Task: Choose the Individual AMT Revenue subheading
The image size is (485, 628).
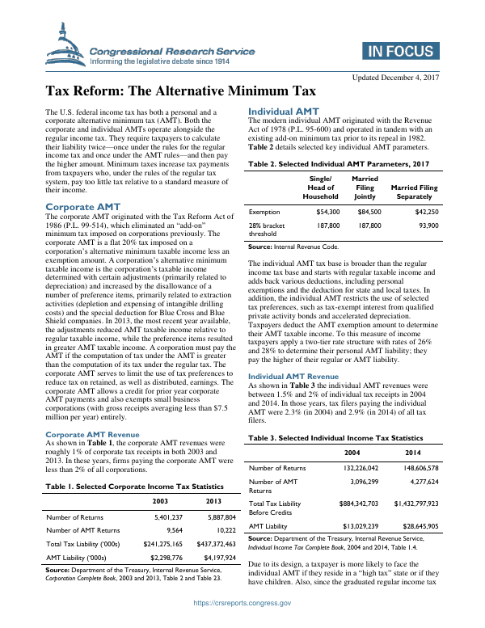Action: (293, 377)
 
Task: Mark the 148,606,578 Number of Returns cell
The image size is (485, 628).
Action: (435, 466)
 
